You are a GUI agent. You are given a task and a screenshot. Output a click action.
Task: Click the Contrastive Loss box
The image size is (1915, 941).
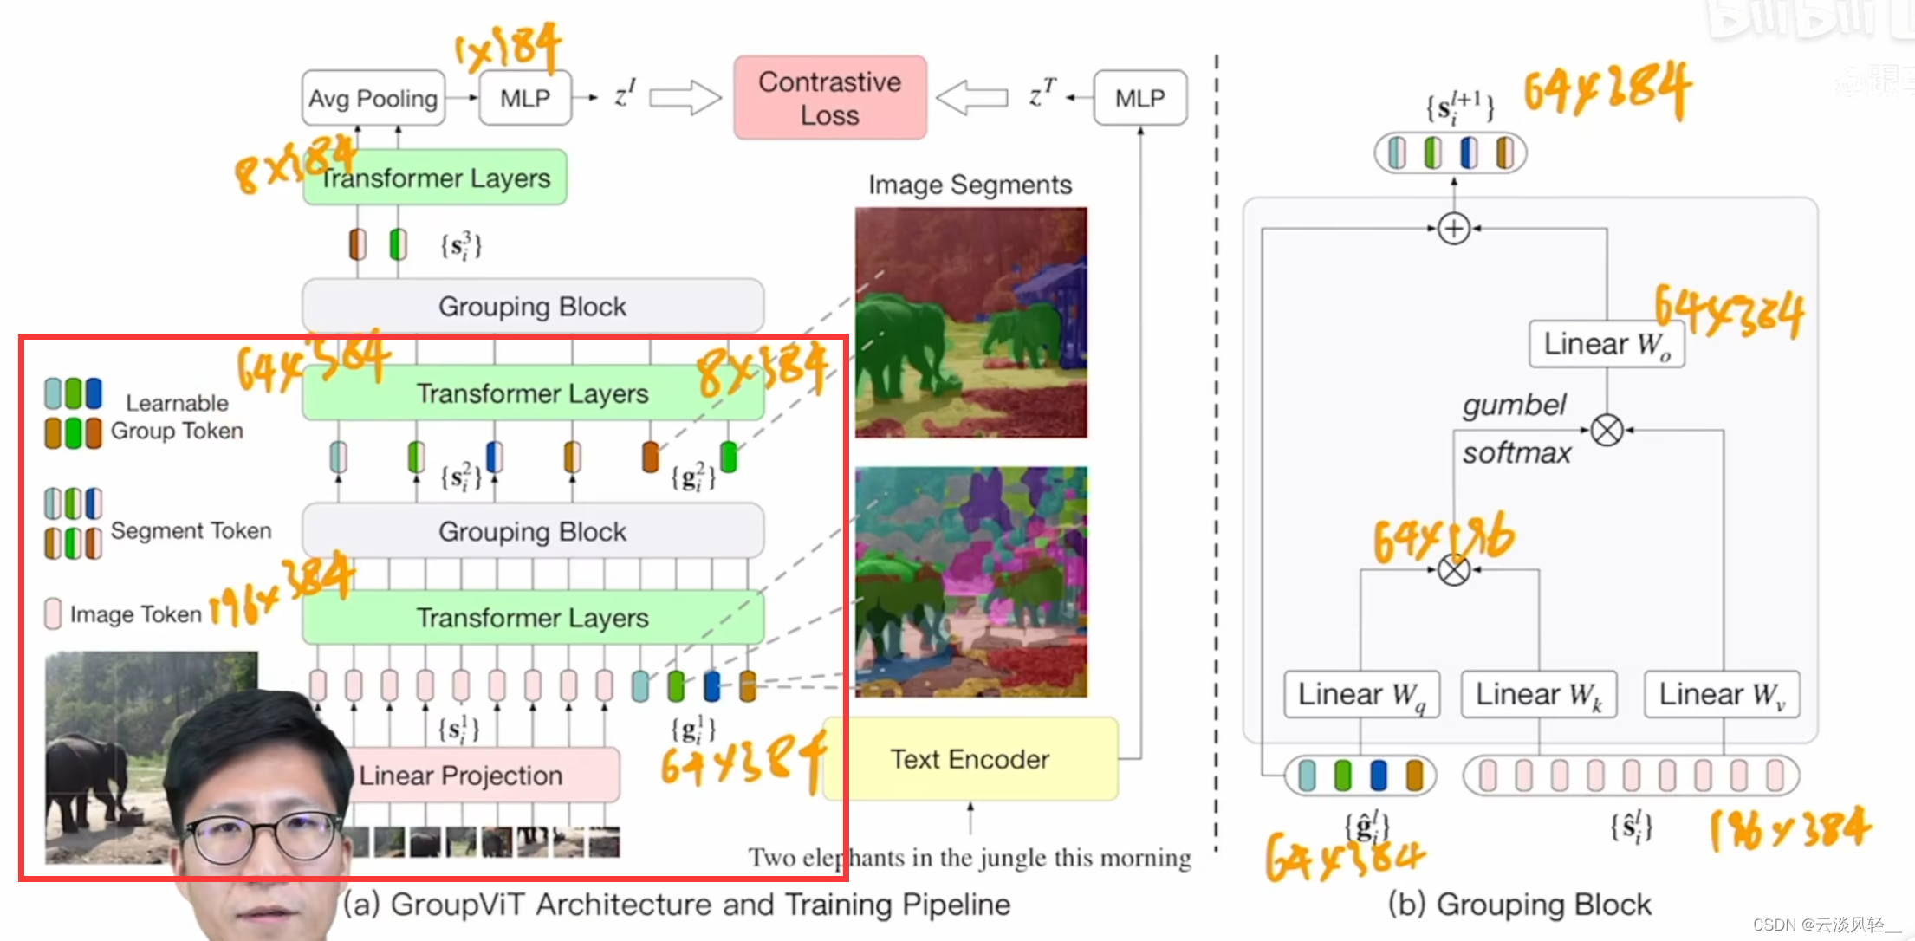[829, 98]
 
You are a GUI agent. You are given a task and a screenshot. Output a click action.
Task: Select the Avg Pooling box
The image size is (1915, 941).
[373, 98]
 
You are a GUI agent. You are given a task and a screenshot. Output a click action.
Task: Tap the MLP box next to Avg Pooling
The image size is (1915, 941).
[525, 98]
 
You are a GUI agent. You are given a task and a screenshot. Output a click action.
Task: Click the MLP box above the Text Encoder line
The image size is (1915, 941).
[1139, 98]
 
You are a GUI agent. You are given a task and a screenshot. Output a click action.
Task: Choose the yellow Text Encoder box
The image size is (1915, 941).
[970, 759]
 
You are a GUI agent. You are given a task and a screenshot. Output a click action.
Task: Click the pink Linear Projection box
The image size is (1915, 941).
[485, 775]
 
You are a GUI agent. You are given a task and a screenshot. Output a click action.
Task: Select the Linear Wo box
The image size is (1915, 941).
[1607, 344]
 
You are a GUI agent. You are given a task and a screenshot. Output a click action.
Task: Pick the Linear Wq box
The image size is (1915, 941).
[1360, 694]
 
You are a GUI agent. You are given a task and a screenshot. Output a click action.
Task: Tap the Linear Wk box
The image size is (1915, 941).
[1538, 694]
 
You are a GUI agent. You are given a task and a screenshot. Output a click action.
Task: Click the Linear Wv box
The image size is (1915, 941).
[1722, 694]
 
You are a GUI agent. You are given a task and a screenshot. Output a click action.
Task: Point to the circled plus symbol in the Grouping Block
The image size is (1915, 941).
[1453, 229]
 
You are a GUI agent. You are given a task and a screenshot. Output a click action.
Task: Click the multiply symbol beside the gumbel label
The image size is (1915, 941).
[1607, 430]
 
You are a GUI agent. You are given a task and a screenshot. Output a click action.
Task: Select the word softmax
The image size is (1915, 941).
[1516, 452]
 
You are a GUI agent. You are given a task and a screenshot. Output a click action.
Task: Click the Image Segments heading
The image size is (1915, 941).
[970, 185]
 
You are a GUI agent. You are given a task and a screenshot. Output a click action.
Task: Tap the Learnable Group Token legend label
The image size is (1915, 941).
[177, 417]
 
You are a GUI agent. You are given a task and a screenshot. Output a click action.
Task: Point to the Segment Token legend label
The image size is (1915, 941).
[191, 530]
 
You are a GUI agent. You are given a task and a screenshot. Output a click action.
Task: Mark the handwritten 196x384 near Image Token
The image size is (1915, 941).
[282, 589]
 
